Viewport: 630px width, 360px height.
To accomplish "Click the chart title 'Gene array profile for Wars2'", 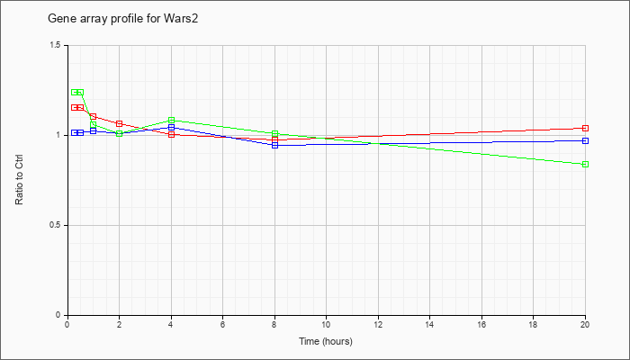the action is (x=123, y=19).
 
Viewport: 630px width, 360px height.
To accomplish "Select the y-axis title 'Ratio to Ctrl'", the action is (x=19, y=180).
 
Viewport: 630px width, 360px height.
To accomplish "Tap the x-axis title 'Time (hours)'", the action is (x=326, y=341).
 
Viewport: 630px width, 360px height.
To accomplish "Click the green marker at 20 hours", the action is (x=585, y=165).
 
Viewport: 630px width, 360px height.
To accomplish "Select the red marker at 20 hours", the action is (x=585, y=128).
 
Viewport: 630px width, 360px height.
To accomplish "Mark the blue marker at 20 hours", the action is (x=585, y=140).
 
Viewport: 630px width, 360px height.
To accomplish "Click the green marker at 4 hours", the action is (x=172, y=120).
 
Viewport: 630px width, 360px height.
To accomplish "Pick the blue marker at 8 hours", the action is (x=274, y=146).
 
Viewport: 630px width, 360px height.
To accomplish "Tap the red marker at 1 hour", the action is (x=94, y=116).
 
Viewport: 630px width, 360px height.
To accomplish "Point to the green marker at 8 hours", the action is (x=274, y=133).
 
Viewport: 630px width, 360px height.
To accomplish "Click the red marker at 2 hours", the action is (x=120, y=124).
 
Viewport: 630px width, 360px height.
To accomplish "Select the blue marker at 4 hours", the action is (x=172, y=128).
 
